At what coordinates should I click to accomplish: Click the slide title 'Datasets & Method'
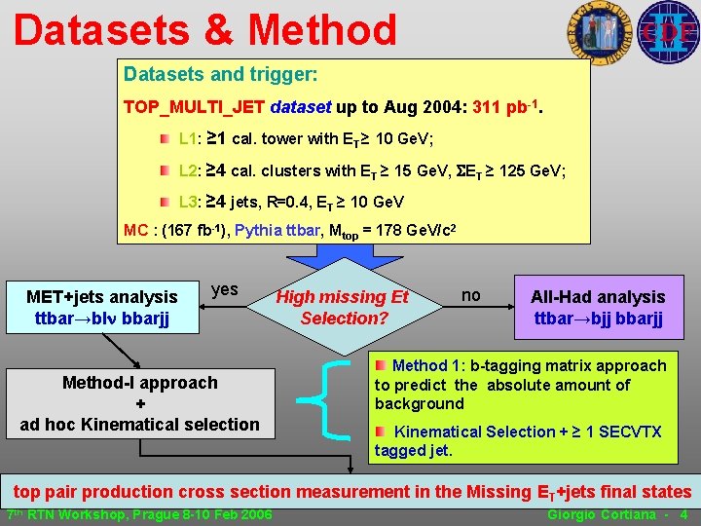tap(205, 29)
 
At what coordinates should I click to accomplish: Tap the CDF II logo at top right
tap(668, 31)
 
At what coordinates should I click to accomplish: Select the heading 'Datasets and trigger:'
tap(221, 74)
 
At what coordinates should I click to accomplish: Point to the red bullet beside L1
tap(167, 138)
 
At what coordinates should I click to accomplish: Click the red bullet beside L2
tap(167, 171)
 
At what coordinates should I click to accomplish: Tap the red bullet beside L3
tap(167, 203)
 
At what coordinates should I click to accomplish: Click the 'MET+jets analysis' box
tap(101, 307)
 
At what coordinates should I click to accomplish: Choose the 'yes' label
tap(224, 289)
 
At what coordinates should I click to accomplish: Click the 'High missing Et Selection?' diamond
tap(344, 307)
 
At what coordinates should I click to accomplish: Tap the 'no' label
tap(471, 294)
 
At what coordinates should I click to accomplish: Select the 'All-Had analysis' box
tap(598, 307)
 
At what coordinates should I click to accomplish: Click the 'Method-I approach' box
tap(140, 402)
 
